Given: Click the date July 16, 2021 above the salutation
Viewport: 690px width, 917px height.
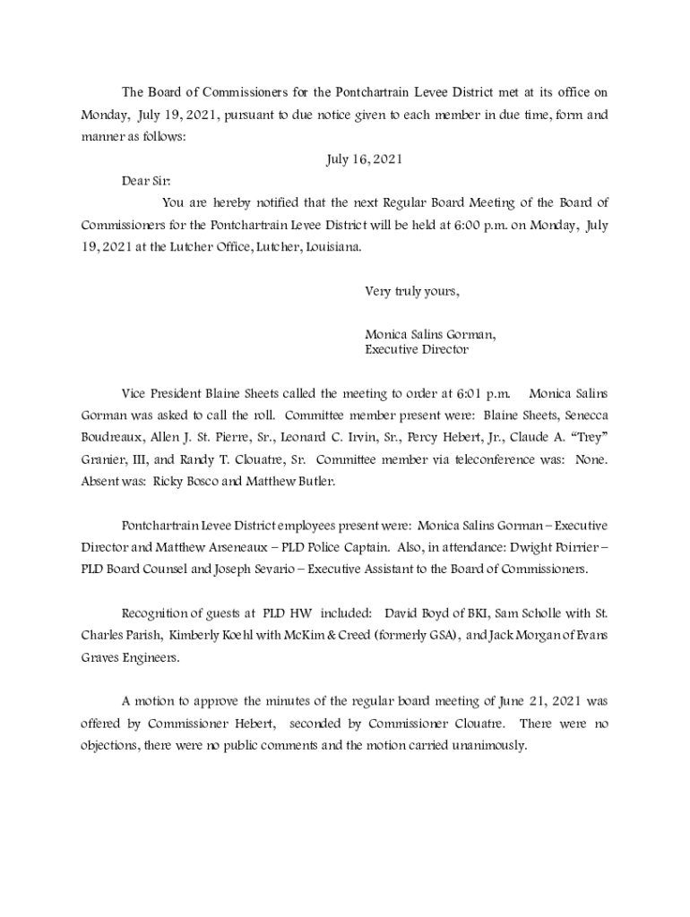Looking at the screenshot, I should (x=364, y=159).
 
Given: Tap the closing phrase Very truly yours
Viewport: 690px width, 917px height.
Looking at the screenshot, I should (x=412, y=291).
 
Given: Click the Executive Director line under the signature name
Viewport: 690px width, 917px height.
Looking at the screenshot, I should (x=416, y=350).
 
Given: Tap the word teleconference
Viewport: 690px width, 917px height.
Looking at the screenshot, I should (x=489, y=459).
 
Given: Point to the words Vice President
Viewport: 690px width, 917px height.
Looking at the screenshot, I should (x=162, y=393).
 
